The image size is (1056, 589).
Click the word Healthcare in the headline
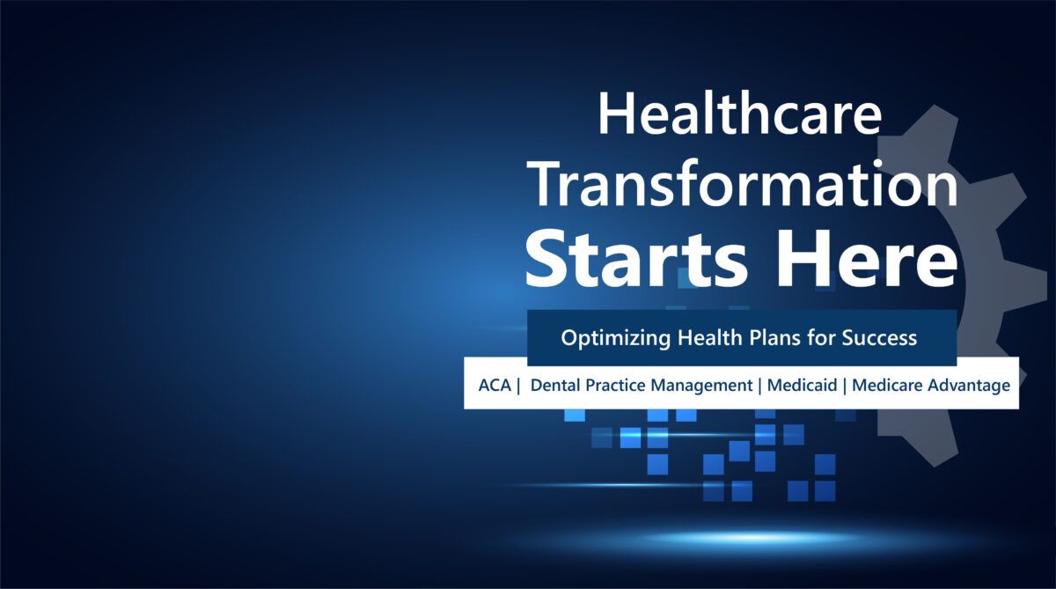tap(740, 114)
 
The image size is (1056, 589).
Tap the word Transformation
tap(743, 185)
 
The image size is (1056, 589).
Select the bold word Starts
tap(636, 259)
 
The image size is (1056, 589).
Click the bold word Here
tap(868, 259)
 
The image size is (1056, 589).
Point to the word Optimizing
tap(616, 339)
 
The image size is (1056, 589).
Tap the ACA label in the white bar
tap(495, 386)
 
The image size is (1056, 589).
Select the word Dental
tap(555, 386)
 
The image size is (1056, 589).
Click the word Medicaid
tap(802, 386)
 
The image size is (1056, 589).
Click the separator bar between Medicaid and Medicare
tap(844, 386)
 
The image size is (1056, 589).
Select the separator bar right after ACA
tap(518, 386)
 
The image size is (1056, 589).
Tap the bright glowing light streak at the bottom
tap(750, 538)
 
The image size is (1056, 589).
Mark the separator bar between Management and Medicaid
tap(760, 386)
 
